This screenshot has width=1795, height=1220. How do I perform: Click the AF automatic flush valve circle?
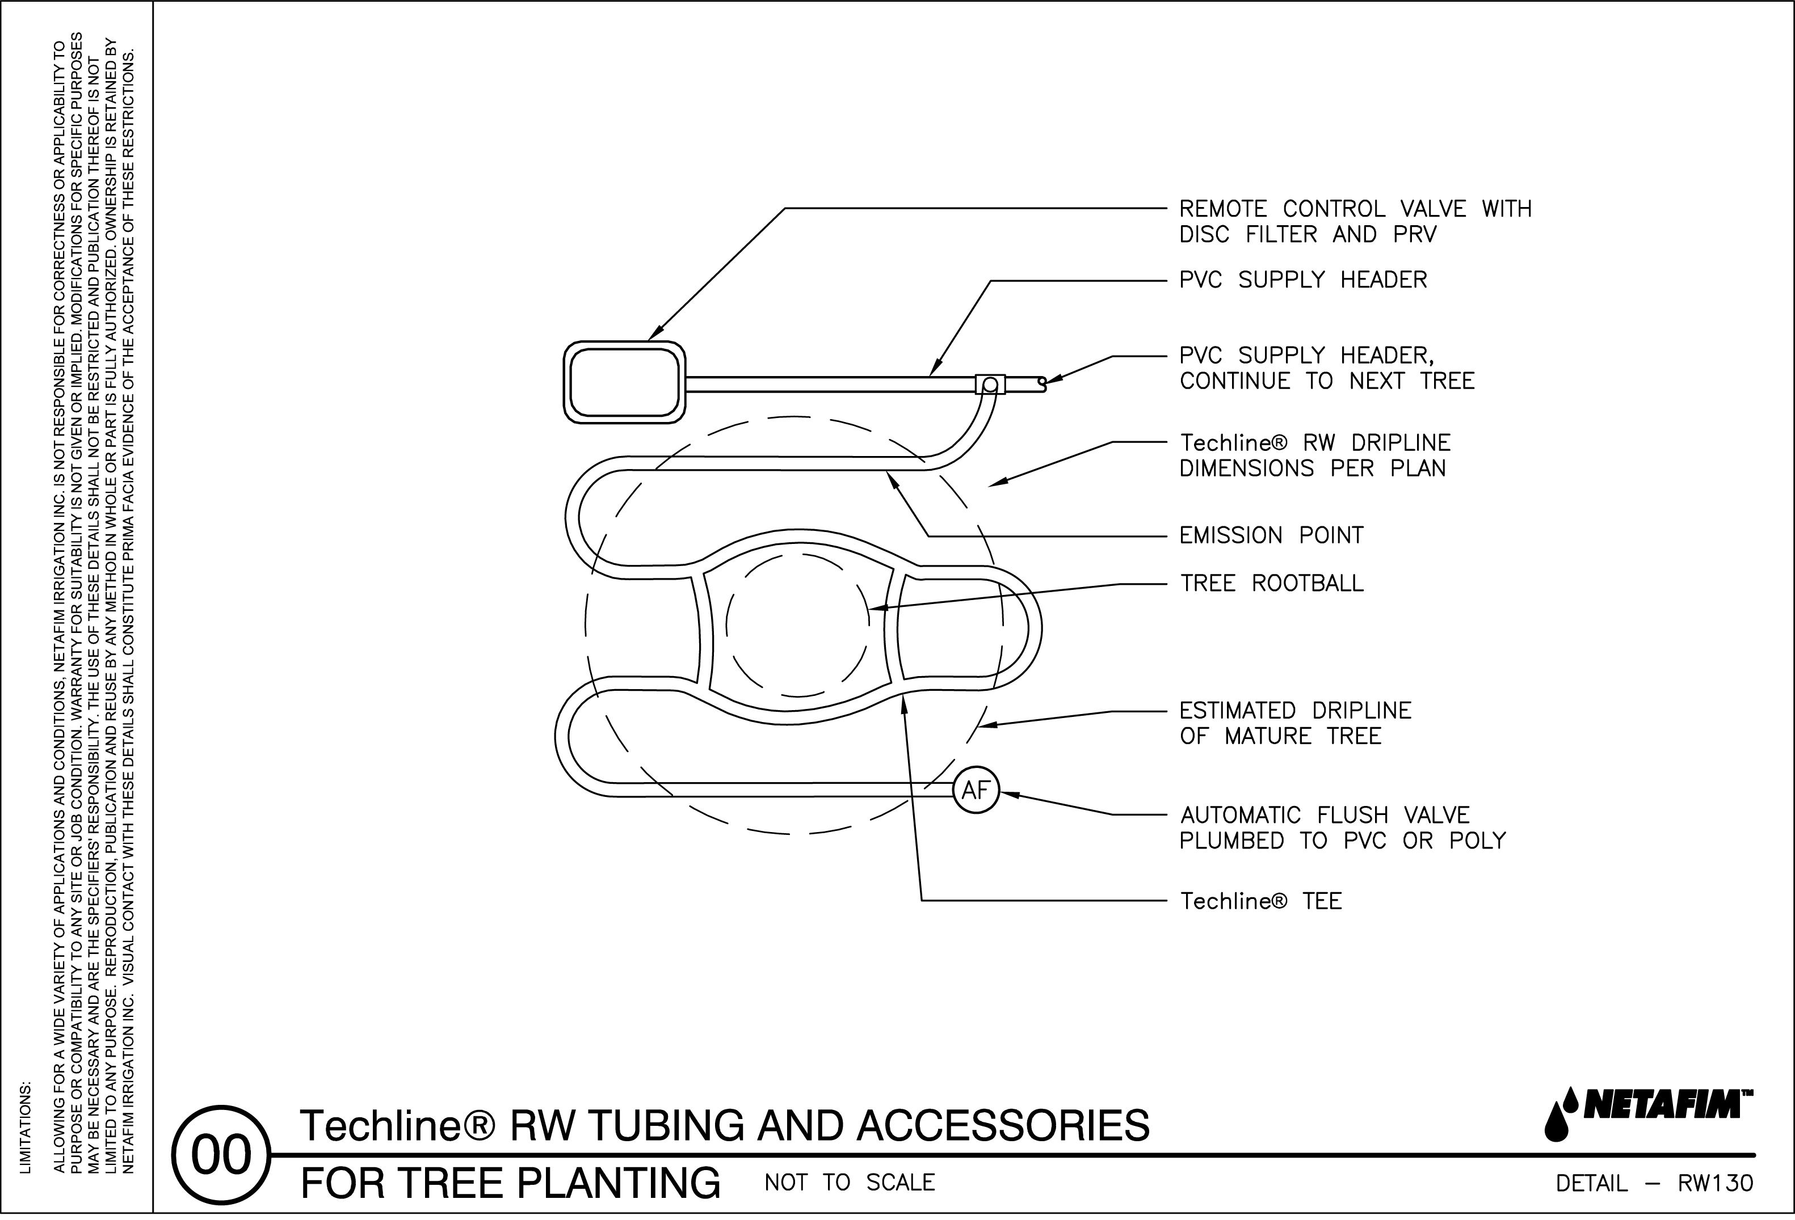tap(976, 791)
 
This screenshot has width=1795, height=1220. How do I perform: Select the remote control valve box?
tap(625, 382)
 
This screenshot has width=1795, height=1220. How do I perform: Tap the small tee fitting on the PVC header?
tap(990, 383)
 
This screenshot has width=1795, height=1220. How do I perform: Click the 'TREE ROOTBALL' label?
tap(1271, 584)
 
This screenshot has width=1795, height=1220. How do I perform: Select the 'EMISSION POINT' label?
tap(1271, 536)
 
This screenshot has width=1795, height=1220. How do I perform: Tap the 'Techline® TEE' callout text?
tap(1260, 902)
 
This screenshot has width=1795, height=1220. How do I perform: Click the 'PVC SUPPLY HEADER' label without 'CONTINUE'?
tap(1303, 280)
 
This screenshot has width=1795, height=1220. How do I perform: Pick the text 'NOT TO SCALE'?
tap(850, 1183)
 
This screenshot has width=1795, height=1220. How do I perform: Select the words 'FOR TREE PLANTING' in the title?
tap(510, 1183)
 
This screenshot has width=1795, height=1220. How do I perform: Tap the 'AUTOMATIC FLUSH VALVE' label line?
tap(1325, 816)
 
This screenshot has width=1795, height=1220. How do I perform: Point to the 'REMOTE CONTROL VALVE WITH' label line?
tap(1355, 209)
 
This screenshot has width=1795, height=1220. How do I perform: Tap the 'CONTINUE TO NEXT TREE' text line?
tap(1327, 382)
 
